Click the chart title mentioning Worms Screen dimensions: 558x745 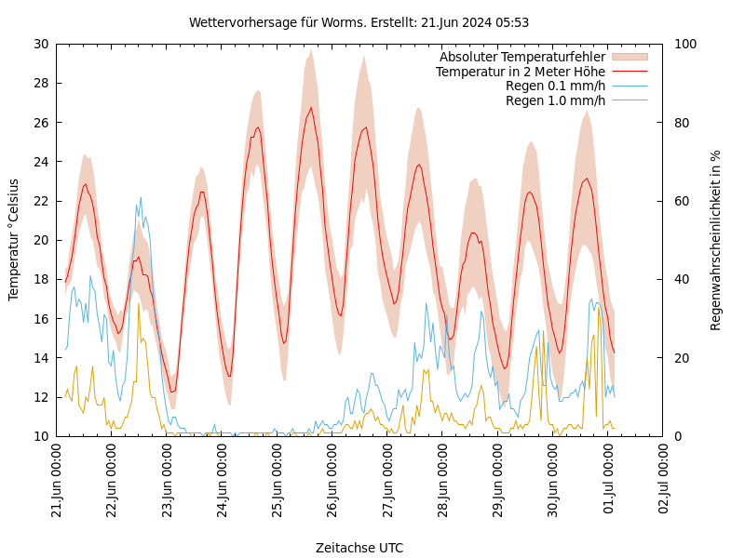click(x=359, y=22)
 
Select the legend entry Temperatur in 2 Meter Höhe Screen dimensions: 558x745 click(x=520, y=72)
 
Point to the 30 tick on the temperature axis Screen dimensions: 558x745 click(x=40, y=44)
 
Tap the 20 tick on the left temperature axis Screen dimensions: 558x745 click(x=40, y=240)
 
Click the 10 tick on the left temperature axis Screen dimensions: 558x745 click(x=40, y=436)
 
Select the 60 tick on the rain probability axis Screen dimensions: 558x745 click(x=681, y=201)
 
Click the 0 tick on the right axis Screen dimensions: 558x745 click(x=677, y=436)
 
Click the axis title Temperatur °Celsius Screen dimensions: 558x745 click(x=14, y=239)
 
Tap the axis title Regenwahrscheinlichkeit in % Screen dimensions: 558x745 click(x=716, y=240)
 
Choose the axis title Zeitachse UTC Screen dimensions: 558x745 click(x=359, y=548)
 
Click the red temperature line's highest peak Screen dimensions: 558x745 click(x=311, y=107)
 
